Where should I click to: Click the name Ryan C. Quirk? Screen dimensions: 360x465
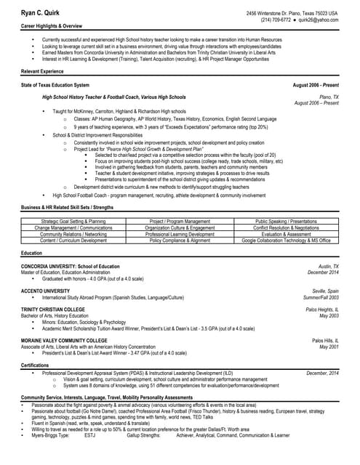(40, 14)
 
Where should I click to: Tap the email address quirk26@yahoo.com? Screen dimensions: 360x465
(319, 20)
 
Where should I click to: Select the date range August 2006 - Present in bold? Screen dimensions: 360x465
(315, 86)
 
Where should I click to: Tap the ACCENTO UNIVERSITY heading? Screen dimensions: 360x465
(46, 291)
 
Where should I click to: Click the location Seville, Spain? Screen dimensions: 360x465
(322, 291)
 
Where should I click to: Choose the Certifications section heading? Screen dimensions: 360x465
(36, 365)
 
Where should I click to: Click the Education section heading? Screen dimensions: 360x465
(32, 253)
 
